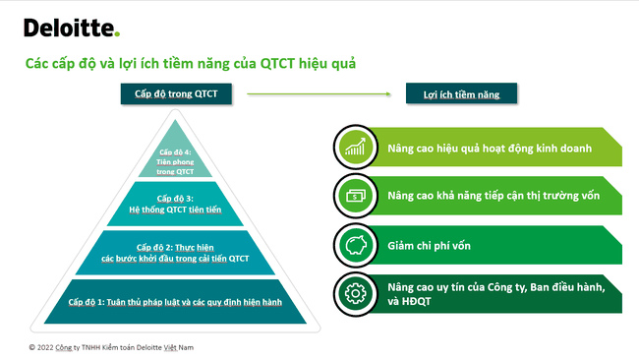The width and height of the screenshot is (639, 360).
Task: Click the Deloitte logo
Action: tap(70, 28)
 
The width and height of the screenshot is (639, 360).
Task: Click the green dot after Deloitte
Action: tap(117, 34)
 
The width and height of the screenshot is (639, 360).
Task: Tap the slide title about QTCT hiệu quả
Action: tap(190, 63)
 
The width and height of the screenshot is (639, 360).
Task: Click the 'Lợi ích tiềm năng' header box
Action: tap(461, 93)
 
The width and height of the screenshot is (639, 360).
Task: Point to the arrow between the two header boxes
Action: tap(320, 93)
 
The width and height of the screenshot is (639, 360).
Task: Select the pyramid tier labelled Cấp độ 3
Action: tap(178, 204)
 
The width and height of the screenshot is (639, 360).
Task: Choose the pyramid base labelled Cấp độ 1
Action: tap(177, 301)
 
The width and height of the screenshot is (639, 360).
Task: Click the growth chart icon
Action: tap(354, 148)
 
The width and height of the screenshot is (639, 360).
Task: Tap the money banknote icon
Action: tap(354, 196)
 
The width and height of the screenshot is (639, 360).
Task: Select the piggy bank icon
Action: tap(354, 244)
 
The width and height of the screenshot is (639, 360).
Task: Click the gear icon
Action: tap(354, 293)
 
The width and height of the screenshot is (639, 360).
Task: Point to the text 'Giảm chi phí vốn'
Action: tap(430, 244)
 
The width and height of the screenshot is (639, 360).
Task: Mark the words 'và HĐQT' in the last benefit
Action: tap(412, 302)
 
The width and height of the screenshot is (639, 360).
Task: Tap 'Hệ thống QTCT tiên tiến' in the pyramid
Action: tap(178, 209)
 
